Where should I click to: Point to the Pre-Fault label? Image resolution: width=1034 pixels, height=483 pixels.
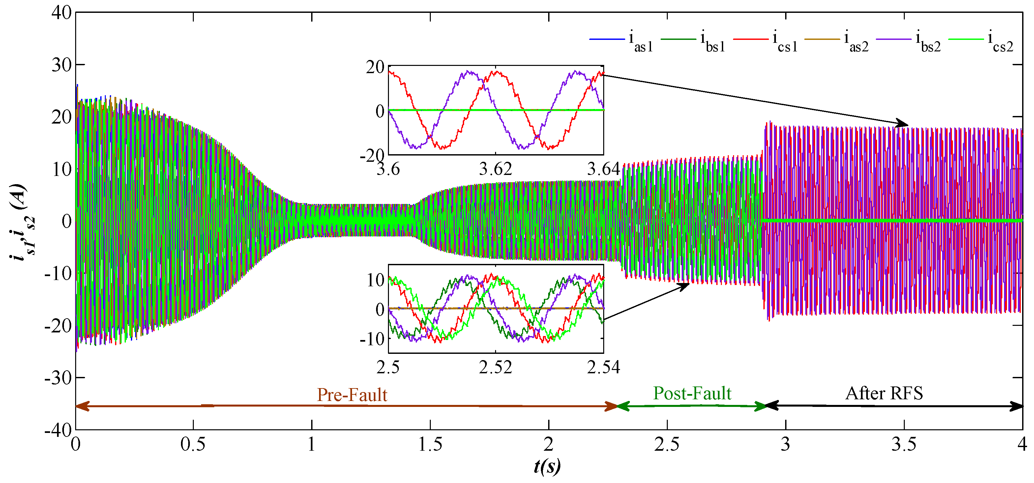tap(352, 395)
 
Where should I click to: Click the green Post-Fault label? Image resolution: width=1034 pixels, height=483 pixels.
tap(692, 393)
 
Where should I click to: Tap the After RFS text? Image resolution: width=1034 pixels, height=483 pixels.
tap(884, 393)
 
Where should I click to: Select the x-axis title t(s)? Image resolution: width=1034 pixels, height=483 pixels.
tap(547, 467)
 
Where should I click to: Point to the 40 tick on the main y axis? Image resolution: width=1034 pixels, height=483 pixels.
tap(61, 13)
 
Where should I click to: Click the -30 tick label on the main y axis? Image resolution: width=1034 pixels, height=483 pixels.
tap(58, 378)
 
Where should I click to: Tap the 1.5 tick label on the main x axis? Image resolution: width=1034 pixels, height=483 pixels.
tap(430, 444)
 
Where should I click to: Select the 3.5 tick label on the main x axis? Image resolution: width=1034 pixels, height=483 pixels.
tap(904, 444)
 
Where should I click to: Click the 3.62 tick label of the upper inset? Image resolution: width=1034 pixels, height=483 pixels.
tap(496, 170)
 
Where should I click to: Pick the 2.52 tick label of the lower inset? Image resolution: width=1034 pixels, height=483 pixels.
tap(496, 367)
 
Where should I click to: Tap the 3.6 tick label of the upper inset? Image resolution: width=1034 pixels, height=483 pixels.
tap(388, 170)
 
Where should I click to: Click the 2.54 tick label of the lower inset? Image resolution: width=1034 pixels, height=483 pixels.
tap(603, 367)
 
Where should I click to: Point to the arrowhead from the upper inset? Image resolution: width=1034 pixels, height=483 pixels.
tap(903, 124)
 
